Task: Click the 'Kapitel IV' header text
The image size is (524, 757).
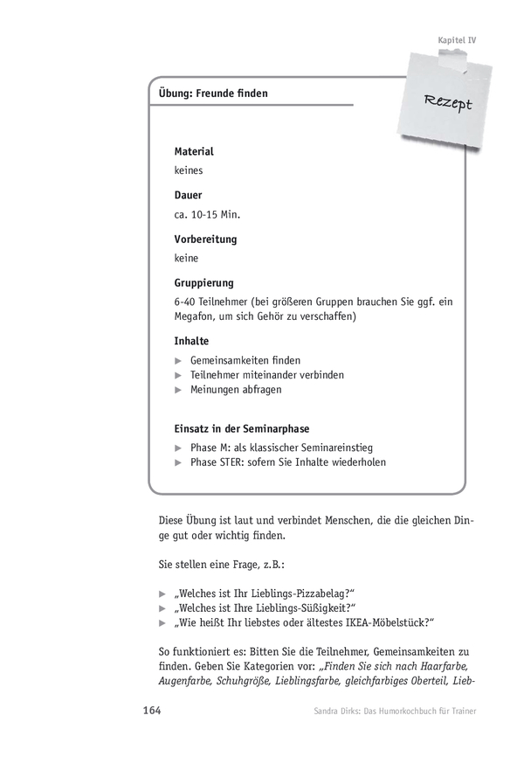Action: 456,39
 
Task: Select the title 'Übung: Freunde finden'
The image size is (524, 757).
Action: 214,94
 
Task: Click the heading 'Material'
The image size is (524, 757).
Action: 194,151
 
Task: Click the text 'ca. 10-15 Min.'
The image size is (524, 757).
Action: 207,214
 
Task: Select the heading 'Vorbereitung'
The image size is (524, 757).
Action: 205,238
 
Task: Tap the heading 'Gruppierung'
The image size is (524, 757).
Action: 204,281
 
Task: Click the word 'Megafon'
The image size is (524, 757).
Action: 194,316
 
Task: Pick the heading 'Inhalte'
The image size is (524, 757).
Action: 192,340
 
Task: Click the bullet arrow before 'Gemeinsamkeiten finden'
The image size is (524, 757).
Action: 178,360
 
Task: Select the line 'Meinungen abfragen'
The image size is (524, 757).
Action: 236,390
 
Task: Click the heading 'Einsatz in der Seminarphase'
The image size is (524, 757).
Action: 242,428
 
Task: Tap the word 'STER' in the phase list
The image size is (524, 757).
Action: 235,462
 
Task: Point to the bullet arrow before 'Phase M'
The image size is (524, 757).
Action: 178,448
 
